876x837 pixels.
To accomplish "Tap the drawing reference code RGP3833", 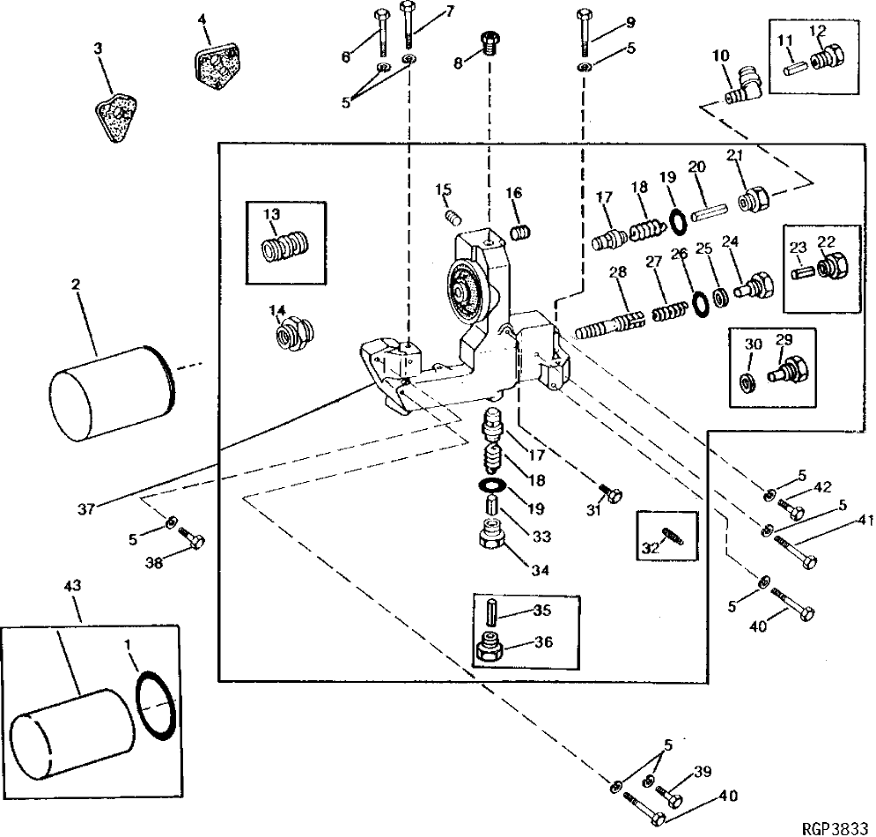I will point(835,829).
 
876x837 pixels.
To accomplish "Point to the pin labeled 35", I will point(492,610).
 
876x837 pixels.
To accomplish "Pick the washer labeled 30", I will point(748,382).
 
